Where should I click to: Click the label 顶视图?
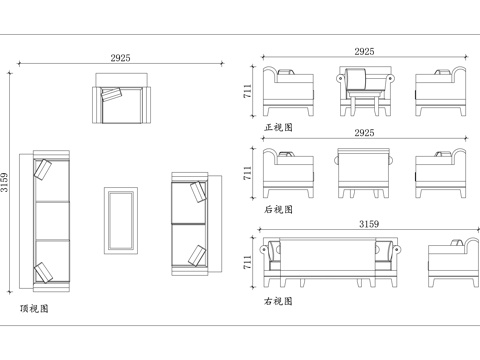point(34,309)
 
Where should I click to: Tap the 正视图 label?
point(278,128)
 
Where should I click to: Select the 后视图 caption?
point(278,210)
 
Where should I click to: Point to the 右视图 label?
point(278,300)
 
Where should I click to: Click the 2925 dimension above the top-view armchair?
point(121,60)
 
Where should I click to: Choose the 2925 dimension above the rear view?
point(364,132)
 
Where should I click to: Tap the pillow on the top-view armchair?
point(109,95)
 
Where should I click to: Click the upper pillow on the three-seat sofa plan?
point(43,170)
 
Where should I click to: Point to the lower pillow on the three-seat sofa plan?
point(43,271)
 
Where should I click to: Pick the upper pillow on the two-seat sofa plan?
point(197,190)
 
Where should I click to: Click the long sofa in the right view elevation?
point(329,258)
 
